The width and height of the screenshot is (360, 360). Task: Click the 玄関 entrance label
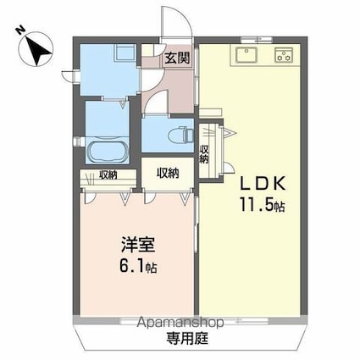pyautogui.click(x=177, y=58)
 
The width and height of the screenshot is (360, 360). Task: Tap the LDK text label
pyautogui.click(x=263, y=184)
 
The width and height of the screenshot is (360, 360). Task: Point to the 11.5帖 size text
pyautogui.click(x=262, y=204)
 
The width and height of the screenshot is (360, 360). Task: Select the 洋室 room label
pyautogui.click(x=138, y=245)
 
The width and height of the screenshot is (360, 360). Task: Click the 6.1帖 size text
pyautogui.click(x=138, y=266)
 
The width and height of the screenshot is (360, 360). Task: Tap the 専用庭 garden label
pyautogui.click(x=187, y=338)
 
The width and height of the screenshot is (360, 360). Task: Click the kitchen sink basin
pyautogui.click(x=246, y=55)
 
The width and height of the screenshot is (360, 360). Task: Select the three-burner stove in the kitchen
pyautogui.click(x=284, y=55)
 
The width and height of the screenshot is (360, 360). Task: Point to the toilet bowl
pyautogui.click(x=176, y=135)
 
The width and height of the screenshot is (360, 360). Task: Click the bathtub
pyautogui.click(x=108, y=152)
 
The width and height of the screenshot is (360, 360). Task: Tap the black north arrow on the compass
pyautogui.click(x=38, y=50)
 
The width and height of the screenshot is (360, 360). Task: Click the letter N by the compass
pyautogui.click(x=20, y=30)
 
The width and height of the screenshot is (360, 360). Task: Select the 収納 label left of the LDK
pyautogui.click(x=203, y=154)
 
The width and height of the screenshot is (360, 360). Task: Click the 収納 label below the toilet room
pyautogui.click(x=168, y=173)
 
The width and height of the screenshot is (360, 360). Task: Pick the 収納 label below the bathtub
pyautogui.click(x=108, y=175)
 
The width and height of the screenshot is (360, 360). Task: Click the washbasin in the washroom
pyautogui.click(x=125, y=53)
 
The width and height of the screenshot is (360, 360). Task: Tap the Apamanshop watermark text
pyautogui.click(x=180, y=323)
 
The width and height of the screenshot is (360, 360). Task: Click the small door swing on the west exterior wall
pyautogui.click(x=67, y=76)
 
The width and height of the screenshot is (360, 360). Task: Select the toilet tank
pyautogui.click(x=190, y=135)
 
